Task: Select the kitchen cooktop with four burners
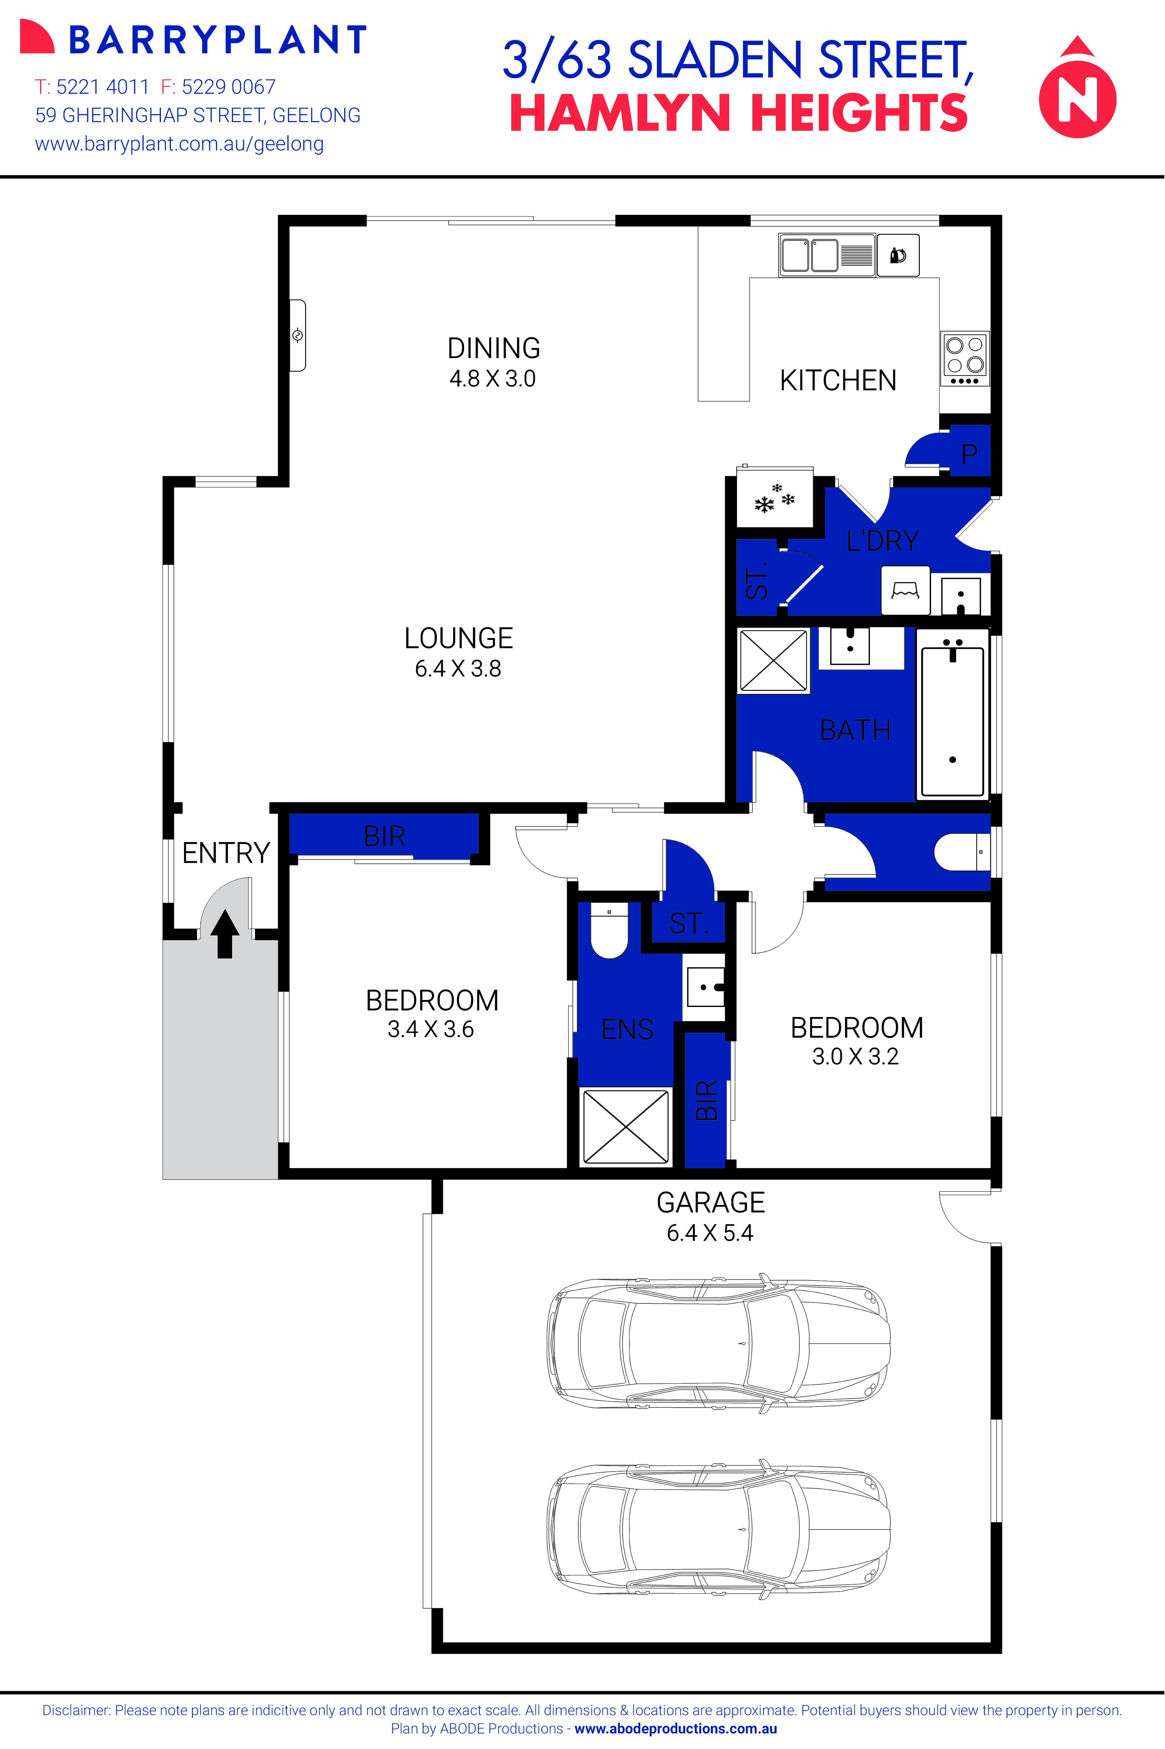(x=964, y=358)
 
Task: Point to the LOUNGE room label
(x=458, y=638)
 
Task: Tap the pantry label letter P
(x=969, y=454)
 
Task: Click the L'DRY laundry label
(x=883, y=540)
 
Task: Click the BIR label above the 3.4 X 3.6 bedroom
(x=384, y=836)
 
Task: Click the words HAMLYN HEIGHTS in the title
(x=739, y=114)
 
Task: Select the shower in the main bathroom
(x=773, y=660)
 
